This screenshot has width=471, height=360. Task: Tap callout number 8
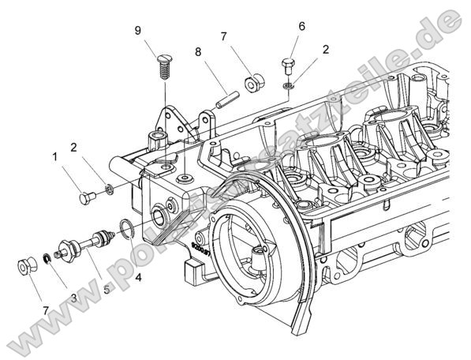pyautogui.click(x=199, y=54)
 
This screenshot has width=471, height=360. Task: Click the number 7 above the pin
pyautogui.click(x=224, y=37)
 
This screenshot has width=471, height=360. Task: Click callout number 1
pyautogui.click(x=56, y=157)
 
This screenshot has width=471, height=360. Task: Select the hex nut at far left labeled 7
pyautogui.click(x=25, y=266)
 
